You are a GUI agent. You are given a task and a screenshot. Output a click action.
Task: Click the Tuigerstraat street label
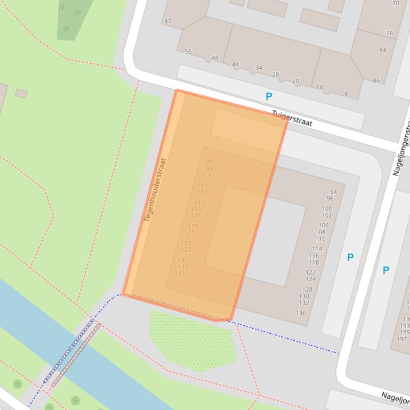[x=292, y=118]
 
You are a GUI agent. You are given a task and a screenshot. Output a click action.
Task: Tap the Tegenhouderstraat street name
[x=155, y=190]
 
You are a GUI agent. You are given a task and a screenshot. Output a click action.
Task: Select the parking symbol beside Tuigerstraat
[x=269, y=96]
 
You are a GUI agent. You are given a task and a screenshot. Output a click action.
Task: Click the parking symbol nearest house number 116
[x=350, y=257]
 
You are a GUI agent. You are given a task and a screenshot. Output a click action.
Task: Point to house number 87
[x=168, y=21]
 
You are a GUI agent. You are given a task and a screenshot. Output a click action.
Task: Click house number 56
[x=188, y=52]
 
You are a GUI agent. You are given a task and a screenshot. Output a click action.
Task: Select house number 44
[x=235, y=64]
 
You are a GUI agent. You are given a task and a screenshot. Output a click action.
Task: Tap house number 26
[x=276, y=75]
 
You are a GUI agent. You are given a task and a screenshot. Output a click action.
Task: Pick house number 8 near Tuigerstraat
[x=345, y=94]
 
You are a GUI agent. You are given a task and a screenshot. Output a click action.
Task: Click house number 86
[x=376, y=80]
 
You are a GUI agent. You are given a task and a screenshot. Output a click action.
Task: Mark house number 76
[x=389, y=33]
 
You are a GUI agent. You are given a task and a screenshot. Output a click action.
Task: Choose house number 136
[x=301, y=313]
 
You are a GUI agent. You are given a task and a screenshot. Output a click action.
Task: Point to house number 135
[x=180, y=274]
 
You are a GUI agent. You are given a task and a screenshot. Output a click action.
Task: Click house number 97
[x=209, y=162]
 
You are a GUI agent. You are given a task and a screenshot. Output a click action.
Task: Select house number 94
[x=333, y=192]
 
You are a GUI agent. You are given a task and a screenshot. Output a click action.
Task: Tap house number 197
[x=401, y=339]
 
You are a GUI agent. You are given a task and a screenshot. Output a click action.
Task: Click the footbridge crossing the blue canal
[x=72, y=354]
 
